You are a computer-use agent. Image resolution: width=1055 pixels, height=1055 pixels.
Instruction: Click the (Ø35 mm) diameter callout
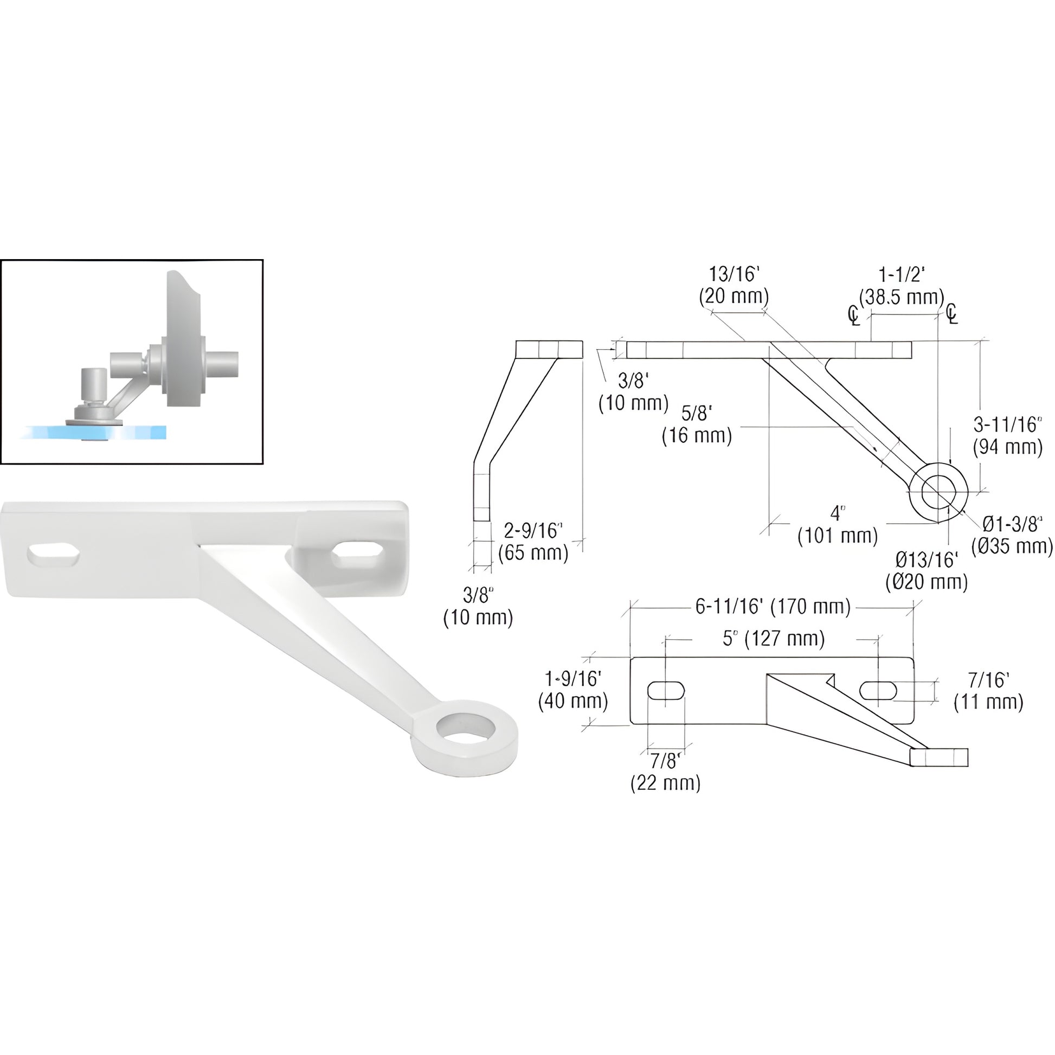[1012, 546]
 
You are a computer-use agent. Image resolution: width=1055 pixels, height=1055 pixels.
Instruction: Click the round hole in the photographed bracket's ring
[465, 729]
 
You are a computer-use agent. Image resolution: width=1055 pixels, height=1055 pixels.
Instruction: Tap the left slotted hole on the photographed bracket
[54, 555]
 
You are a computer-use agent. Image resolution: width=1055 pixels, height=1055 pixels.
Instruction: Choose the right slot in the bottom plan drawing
[878, 690]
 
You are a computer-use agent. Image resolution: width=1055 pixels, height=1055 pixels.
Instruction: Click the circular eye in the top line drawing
[938, 492]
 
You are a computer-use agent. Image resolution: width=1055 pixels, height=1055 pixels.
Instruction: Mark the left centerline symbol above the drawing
[853, 316]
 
